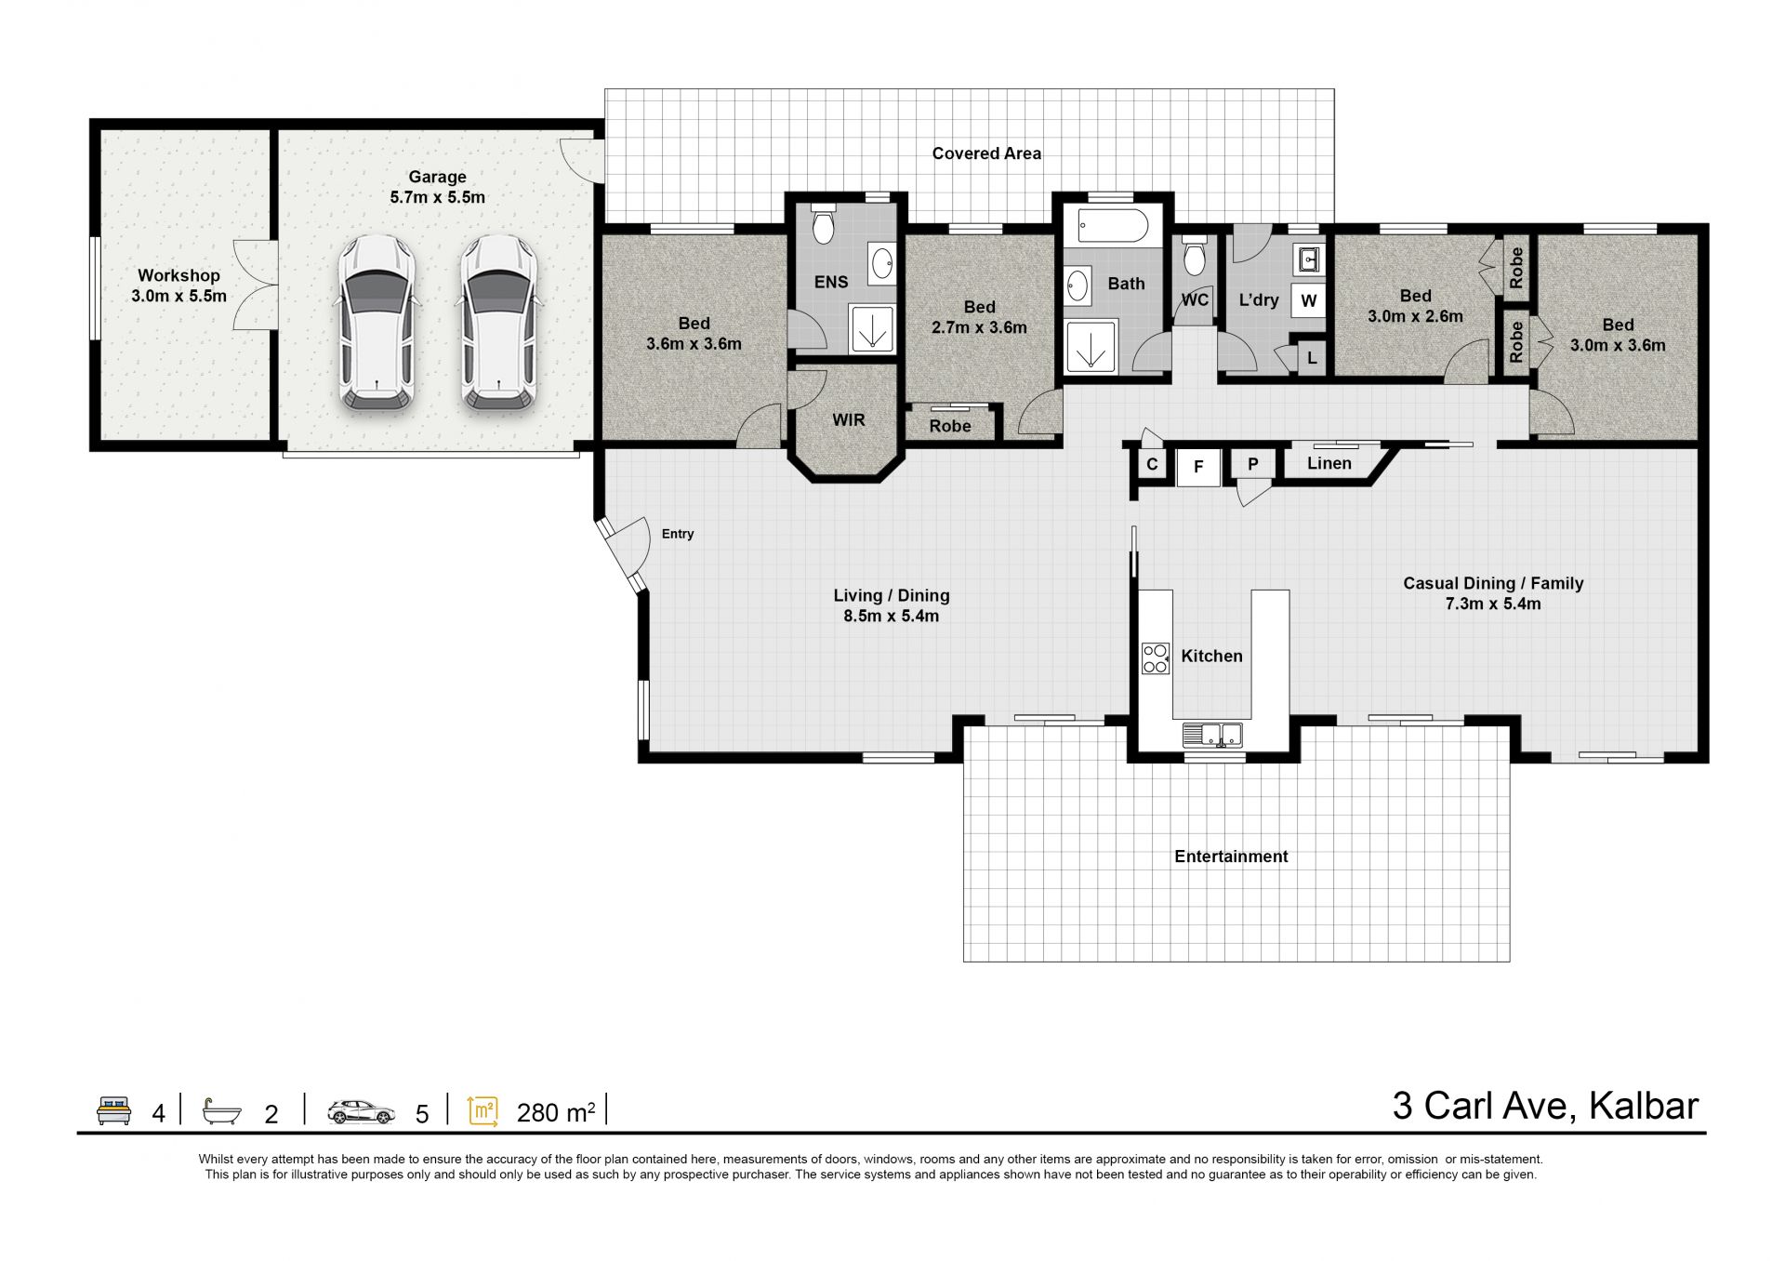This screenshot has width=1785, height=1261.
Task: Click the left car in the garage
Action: [376, 322]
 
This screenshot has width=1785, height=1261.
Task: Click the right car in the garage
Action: [498, 322]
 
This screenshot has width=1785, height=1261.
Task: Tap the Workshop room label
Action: [178, 275]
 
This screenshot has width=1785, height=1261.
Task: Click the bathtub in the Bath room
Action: [1112, 226]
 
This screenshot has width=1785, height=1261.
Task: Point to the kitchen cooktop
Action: [1156, 658]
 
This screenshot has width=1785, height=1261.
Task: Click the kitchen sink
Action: [1212, 735]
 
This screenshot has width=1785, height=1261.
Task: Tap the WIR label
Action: [848, 420]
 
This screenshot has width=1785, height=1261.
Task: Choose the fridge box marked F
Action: [1198, 467]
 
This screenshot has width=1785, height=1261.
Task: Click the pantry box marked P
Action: [1252, 463]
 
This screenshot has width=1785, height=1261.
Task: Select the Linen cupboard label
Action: [1329, 463]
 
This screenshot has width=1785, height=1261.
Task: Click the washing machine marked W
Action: [1308, 300]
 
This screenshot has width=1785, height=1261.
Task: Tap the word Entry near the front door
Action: [678, 534]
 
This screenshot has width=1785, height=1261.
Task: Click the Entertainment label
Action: [1231, 856]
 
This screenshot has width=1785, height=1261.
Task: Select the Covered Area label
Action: [986, 153]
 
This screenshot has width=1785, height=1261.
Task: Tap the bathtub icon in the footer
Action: [222, 1111]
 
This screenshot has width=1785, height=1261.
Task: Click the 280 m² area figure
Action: [556, 1112]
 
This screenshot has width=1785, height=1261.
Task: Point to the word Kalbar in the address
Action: [1644, 1106]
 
